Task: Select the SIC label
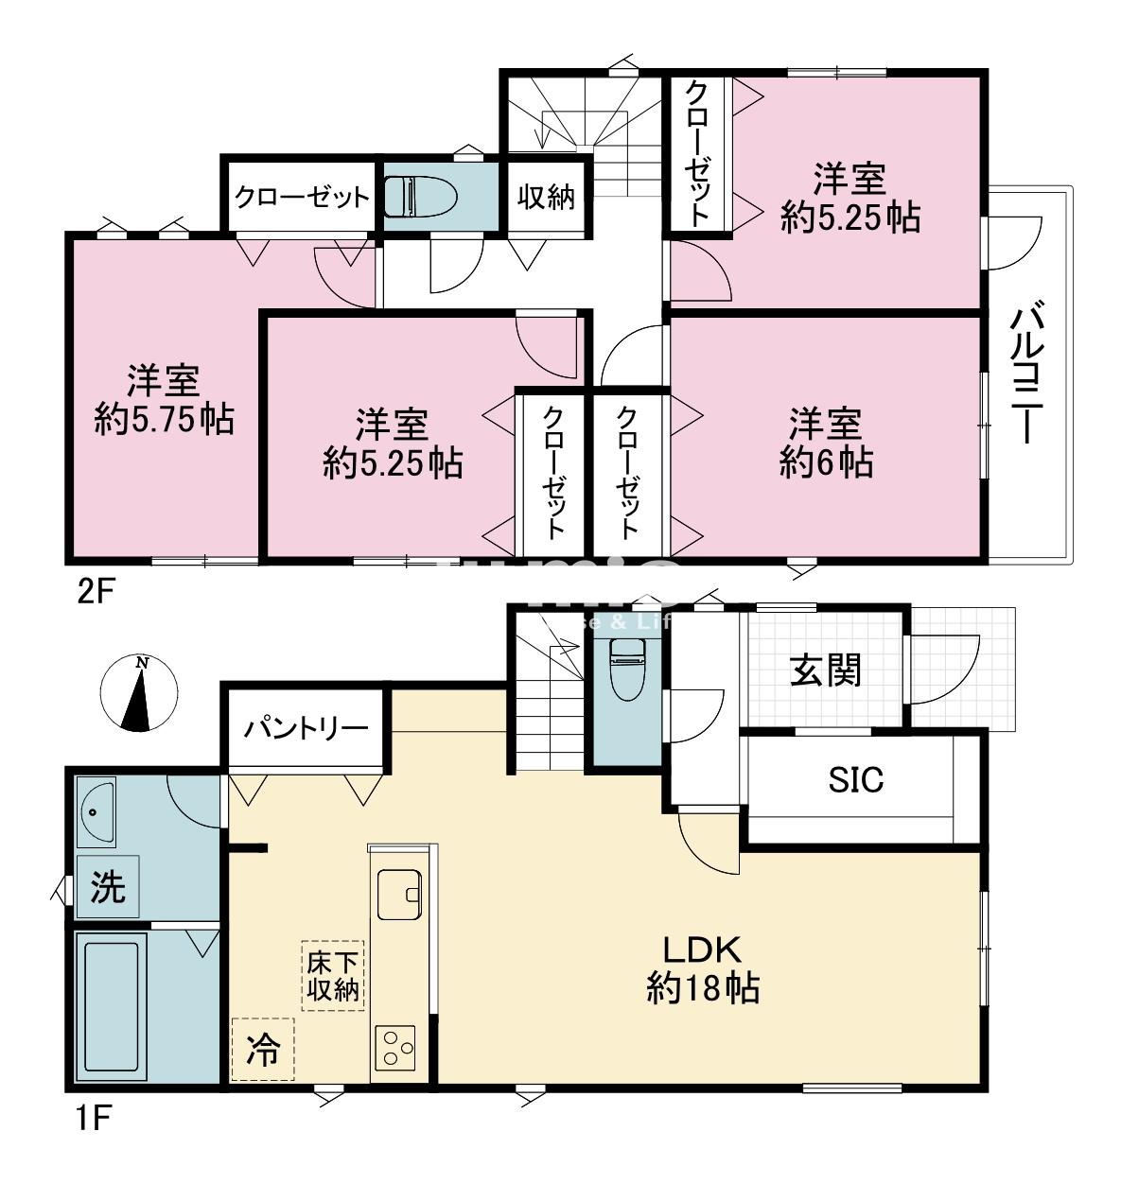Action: click(x=855, y=779)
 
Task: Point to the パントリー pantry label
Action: click(x=305, y=728)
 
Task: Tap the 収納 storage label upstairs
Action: click(x=546, y=197)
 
